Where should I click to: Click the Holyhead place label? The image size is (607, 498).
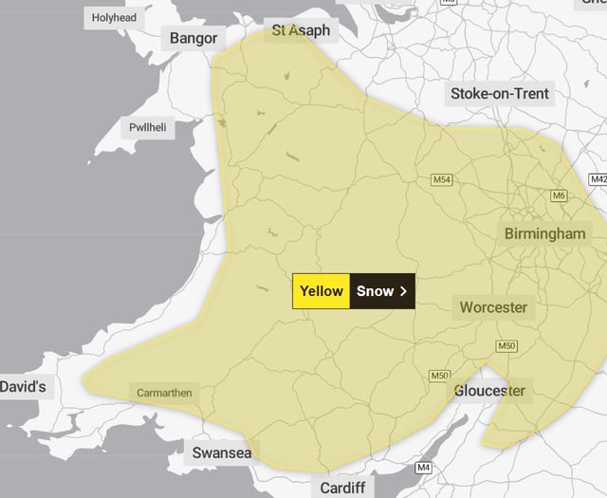pyautogui.click(x=113, y=17)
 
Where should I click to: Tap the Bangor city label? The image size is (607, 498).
pyautogui.click(x=193, y=38)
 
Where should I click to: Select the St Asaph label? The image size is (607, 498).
pyautogui.click(x=301, y=30)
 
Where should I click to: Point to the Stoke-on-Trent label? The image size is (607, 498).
pyautogui.click(x=500, y=94)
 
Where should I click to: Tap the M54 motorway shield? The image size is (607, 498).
pyautogui.click(x=442, y=179)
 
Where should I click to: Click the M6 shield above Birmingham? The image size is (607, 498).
pyautogui.click(x=559, y=195)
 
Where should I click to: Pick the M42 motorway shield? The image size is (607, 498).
pyautogui.click(x=598, y=178)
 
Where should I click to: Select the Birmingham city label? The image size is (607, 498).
pyautogui.click(x=545, y=233)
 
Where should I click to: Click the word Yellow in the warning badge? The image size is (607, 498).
pyautogui.click(x=321, y=291)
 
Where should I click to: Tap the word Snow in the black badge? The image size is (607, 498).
pyautogui.click(x=375, y=291)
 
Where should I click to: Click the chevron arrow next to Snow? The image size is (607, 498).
pyautogui.click(x=403, y=291)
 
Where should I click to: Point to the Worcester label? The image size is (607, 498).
pyautogui.click(x=493, y=307)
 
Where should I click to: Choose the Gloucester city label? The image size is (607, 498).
pyautogui.click(x=489, y=391)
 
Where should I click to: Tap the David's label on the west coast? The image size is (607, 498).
pyautogui.click(x=22, y=387)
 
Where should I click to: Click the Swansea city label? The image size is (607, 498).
pyautogui.click(x=222, y=453)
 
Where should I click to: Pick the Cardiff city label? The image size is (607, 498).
pyautogui.click(x=341, y=488)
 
